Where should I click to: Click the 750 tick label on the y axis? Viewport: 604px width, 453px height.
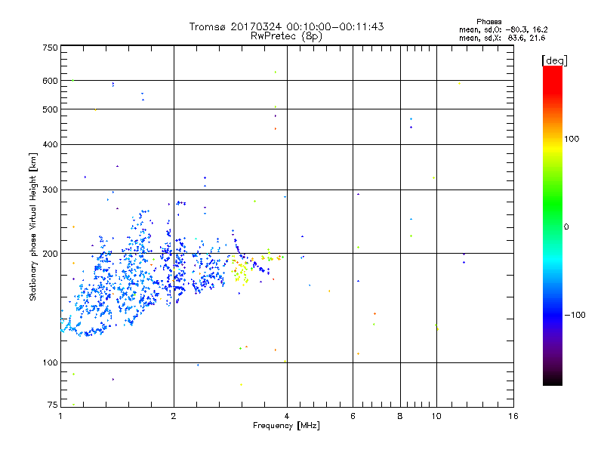[x=50, y=48]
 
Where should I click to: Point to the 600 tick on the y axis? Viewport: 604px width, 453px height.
[x=50, y=81]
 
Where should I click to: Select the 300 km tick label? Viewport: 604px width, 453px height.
[x=50, y=190]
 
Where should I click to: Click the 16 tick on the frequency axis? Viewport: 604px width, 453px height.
[x=513, y=416]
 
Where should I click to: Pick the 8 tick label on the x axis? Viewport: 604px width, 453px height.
[x=400, y=416]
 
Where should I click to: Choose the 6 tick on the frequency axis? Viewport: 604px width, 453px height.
[x=353, y=416]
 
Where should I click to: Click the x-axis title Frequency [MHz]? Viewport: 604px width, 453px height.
[x=287, y=426]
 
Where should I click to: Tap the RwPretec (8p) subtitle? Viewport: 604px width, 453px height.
[x=287, y=35]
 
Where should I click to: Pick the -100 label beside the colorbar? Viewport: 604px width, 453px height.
[x=576, y=315]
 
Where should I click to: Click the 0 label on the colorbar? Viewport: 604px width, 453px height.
[x=568, y=226]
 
